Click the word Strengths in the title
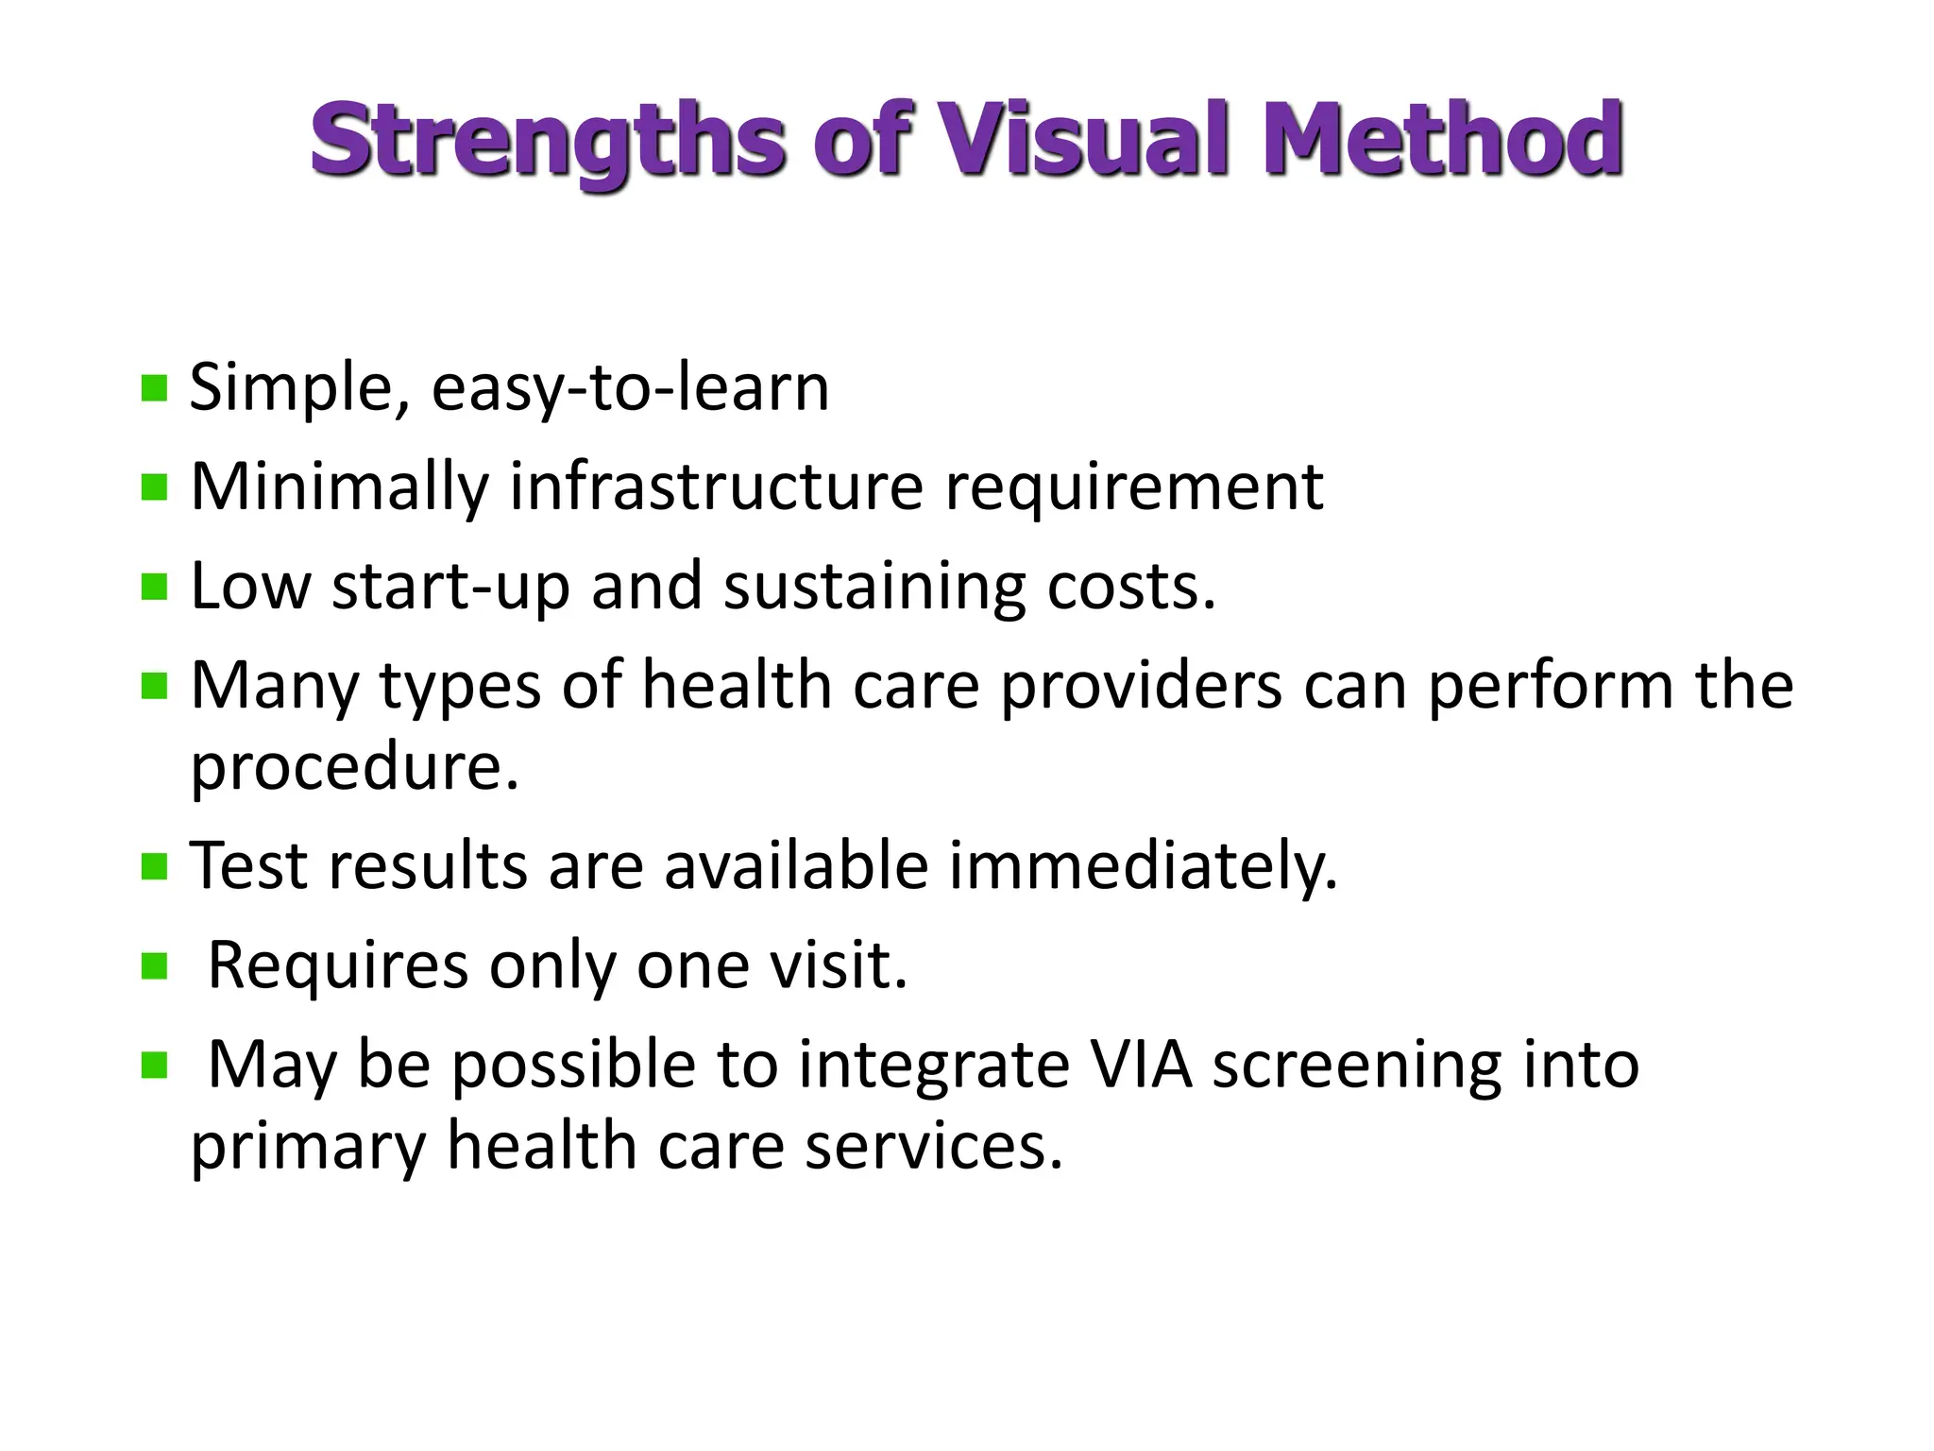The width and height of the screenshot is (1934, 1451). coord(548,142)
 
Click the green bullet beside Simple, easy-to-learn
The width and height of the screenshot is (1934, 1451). coord(154,388)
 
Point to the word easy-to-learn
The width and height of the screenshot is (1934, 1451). coord(630,387)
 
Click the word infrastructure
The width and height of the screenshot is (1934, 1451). coord(716,487)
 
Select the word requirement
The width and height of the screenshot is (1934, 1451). coord(1133,488)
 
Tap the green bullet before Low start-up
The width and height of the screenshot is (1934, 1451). coord(154,588)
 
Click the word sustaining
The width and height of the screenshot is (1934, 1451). coord(874,588)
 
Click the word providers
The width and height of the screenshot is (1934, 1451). coord(1141,686)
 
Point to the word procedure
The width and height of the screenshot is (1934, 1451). coord(354,767)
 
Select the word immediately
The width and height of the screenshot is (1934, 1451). coord(1143,866)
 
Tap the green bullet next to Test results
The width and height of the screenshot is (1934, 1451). coord(154,866)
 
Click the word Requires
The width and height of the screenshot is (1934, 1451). coord(337,966)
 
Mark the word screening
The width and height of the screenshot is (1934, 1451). coord(1356,1067)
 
